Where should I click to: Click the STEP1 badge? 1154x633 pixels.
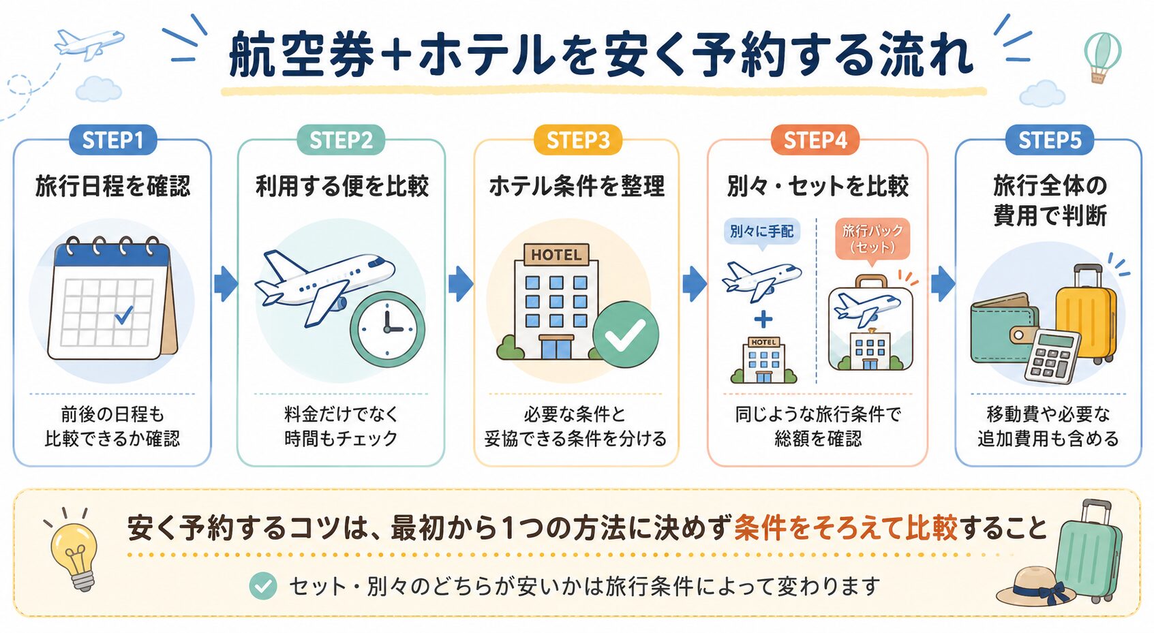113,140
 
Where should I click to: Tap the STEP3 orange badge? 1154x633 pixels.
577,140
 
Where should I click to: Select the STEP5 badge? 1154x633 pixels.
1050,140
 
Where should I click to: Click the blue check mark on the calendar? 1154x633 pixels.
123,314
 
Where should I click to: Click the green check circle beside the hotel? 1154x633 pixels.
626,335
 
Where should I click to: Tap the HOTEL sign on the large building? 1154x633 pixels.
556,254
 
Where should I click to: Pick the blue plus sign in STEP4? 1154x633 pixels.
763,320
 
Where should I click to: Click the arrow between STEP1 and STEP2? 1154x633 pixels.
226,284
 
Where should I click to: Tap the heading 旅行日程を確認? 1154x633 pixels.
113,186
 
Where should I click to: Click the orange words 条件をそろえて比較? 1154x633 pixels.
845,528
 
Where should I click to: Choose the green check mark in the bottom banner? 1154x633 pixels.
262,586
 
